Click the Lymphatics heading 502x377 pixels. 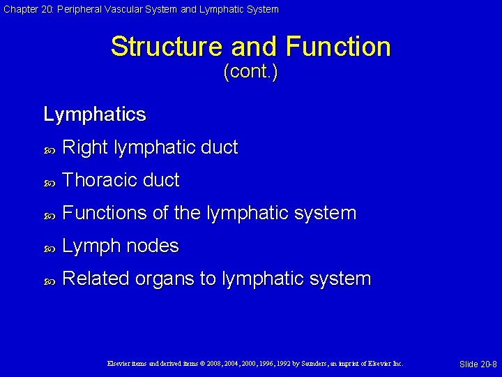coord(94,114)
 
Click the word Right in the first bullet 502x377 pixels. coord(84,147)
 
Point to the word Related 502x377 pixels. coord(96,279)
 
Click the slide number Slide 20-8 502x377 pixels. coord(478,364)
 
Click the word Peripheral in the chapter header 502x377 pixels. coord(86,9)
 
